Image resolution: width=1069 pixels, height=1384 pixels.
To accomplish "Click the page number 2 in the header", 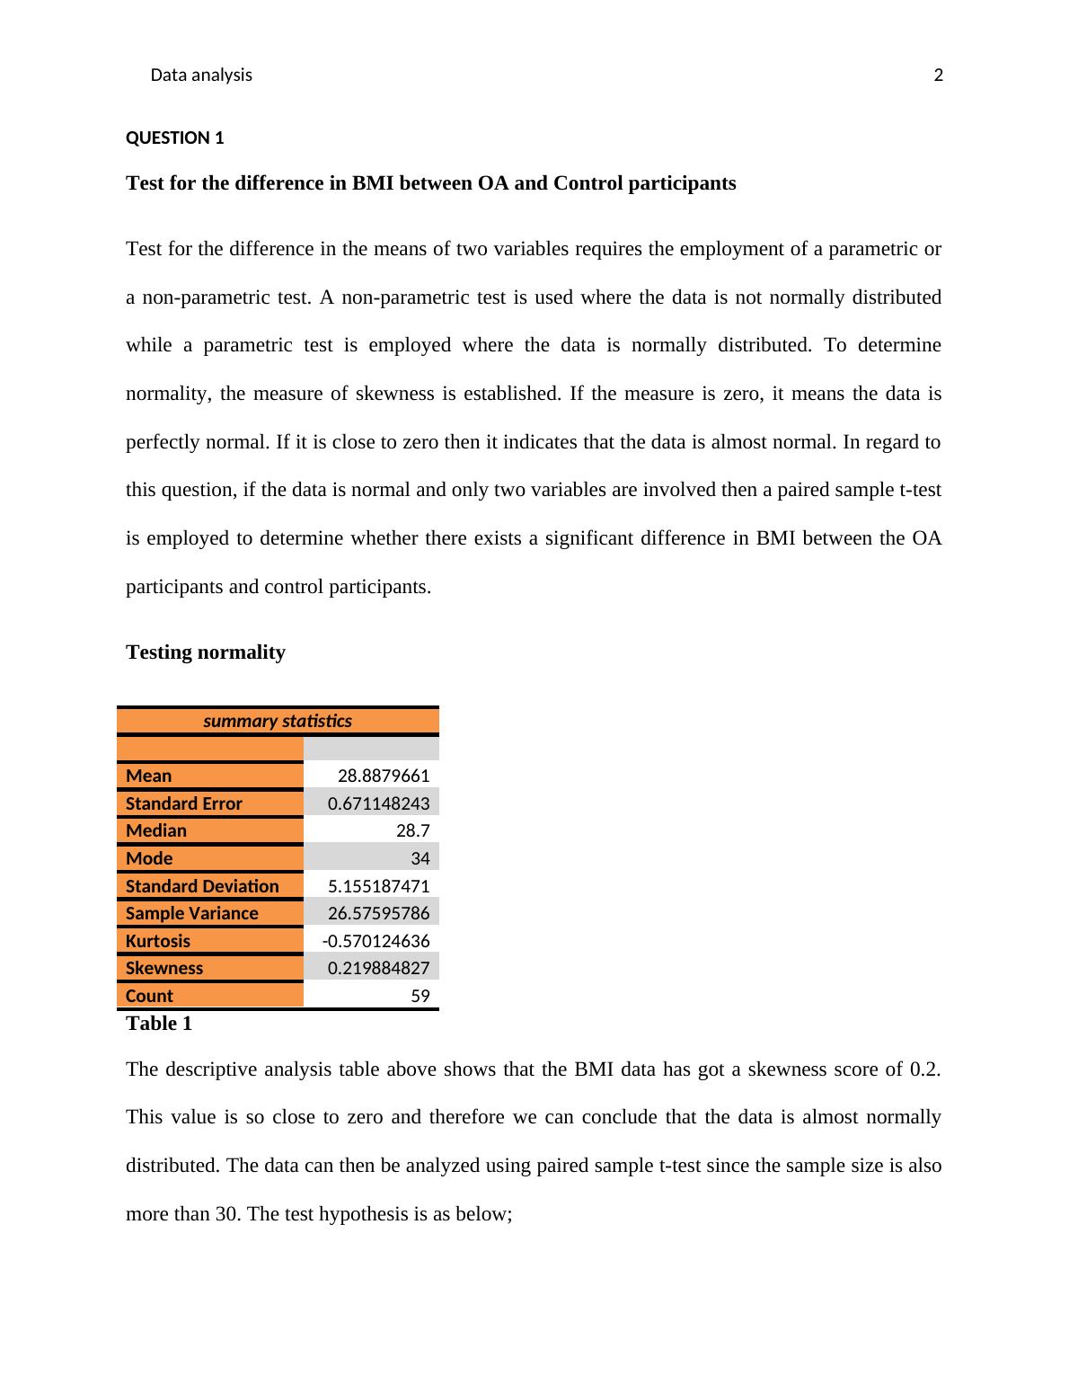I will [939, 75].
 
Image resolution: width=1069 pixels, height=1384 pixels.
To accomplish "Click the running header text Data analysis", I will [201, 75].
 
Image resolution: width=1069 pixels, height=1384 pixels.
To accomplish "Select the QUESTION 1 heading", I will [174, 138].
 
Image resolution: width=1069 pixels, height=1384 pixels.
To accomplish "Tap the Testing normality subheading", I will [206, 652].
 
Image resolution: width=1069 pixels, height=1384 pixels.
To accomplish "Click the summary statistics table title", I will [278, 721].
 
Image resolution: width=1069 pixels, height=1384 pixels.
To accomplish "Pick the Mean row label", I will [149, 776].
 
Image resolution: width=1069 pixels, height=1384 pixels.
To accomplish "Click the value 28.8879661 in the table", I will [384, 776].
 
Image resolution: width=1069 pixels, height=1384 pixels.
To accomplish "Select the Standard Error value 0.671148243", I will [378, 803].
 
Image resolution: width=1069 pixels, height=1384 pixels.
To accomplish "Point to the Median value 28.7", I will [413, 830].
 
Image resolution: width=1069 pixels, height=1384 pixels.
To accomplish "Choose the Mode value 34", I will [420, 858].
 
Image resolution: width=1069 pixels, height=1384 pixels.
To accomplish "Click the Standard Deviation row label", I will [202, 886].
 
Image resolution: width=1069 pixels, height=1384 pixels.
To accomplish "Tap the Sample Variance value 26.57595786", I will [378, 913].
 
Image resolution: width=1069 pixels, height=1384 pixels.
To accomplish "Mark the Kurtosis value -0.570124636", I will [375, 941].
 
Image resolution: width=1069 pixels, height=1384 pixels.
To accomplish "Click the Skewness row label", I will [164, 968].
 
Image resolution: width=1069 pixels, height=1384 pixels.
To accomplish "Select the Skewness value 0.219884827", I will [378, 968].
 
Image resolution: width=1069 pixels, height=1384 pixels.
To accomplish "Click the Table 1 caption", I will [159, 1024].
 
